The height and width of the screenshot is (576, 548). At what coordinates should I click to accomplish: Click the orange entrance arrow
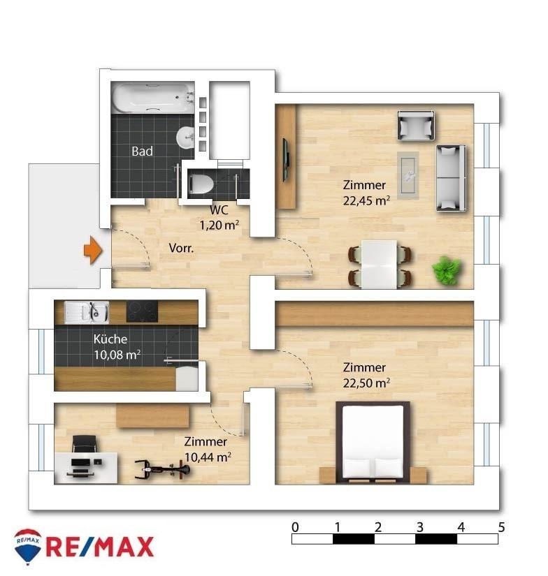point(93,250)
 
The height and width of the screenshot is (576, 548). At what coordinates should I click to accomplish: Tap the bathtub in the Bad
point(153,97)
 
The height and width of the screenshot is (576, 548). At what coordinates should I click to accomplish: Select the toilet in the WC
point(201,184)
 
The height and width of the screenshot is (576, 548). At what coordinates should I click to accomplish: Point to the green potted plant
point(447,270)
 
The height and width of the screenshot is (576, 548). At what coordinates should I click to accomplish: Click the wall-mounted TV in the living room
point(285,160)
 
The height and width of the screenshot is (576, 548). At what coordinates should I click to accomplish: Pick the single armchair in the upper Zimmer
point(416,125)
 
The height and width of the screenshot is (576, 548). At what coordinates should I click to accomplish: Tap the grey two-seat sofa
point(451,178)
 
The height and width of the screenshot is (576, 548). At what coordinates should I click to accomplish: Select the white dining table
point(379,264)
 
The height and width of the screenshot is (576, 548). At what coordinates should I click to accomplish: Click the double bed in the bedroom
point(373,442)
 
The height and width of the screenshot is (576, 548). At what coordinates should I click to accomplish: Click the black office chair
point(84,444)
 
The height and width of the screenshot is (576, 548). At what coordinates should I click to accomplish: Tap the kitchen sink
point(87,312)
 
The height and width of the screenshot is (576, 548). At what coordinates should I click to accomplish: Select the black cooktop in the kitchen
point(143,311)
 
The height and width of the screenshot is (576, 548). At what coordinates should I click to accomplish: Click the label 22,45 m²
point(366,200)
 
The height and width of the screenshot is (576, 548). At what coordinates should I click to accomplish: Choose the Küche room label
point(110,339)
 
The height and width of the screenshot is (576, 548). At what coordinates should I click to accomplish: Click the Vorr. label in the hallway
point(181,248)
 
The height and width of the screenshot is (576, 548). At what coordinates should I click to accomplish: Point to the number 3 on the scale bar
point(420,527)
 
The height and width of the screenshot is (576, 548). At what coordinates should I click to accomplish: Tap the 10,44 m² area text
point(208,457)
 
